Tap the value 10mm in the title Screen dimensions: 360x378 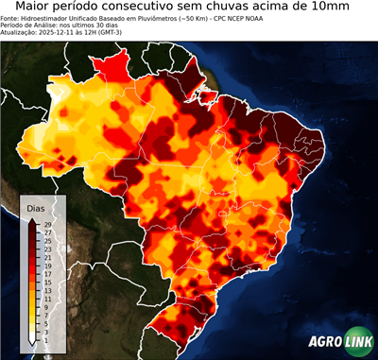326,7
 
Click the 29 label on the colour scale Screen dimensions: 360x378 47,225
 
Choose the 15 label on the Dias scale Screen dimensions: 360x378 47,283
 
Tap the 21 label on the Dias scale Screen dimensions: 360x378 47,258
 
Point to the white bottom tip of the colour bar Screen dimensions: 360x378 33,342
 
